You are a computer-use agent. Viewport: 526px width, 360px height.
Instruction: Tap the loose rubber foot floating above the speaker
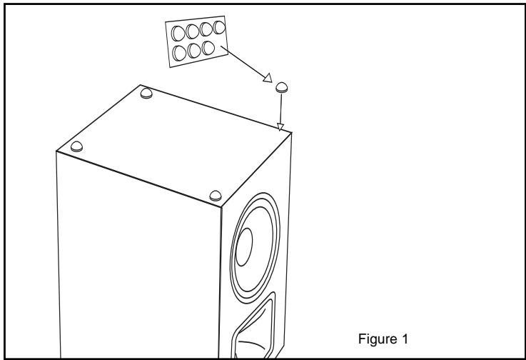(282, 88)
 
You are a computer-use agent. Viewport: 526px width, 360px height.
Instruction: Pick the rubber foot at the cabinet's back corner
(146, 93)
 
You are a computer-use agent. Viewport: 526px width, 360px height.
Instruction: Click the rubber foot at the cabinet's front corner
(215, 194)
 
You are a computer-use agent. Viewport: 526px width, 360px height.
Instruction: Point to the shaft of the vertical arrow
(281, 109)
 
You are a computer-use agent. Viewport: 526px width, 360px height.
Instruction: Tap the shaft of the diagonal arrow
(246, 64)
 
